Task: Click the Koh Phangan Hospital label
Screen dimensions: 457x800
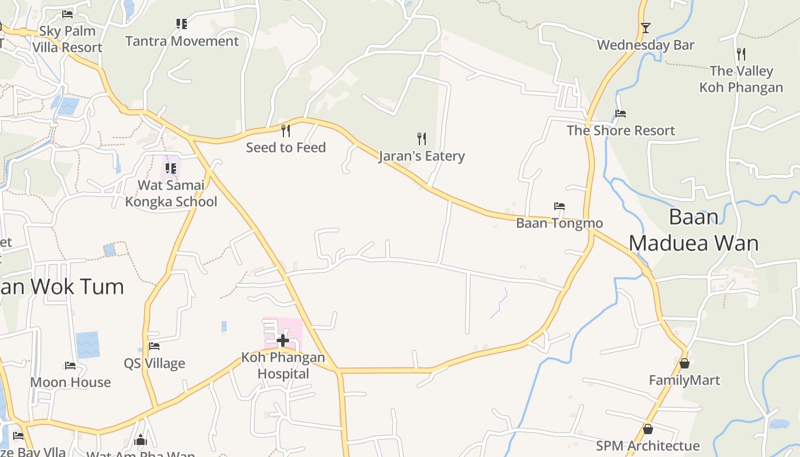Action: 283,366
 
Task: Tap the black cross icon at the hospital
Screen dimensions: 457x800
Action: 282,341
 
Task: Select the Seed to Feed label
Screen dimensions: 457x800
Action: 286,147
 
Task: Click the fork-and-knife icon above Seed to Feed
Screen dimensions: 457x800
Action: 286,131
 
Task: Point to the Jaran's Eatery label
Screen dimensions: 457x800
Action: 422,156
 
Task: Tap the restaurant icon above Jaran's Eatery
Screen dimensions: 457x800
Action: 422,138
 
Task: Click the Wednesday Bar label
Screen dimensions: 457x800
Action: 646,45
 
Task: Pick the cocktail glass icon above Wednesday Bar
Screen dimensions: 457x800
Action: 646,27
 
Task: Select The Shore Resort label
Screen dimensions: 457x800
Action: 621,131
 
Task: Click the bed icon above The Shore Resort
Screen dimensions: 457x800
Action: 621,114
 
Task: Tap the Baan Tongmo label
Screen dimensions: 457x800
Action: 559,223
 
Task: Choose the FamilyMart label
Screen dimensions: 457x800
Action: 685,380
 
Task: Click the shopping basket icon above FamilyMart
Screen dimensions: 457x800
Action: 685,363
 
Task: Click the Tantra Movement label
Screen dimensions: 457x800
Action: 182,41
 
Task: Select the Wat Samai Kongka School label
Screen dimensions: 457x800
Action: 171,194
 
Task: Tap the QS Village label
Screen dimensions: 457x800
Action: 154,363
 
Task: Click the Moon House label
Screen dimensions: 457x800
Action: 70,382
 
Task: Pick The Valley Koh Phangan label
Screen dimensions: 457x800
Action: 741,79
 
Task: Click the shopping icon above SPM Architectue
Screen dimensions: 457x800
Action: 648,429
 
